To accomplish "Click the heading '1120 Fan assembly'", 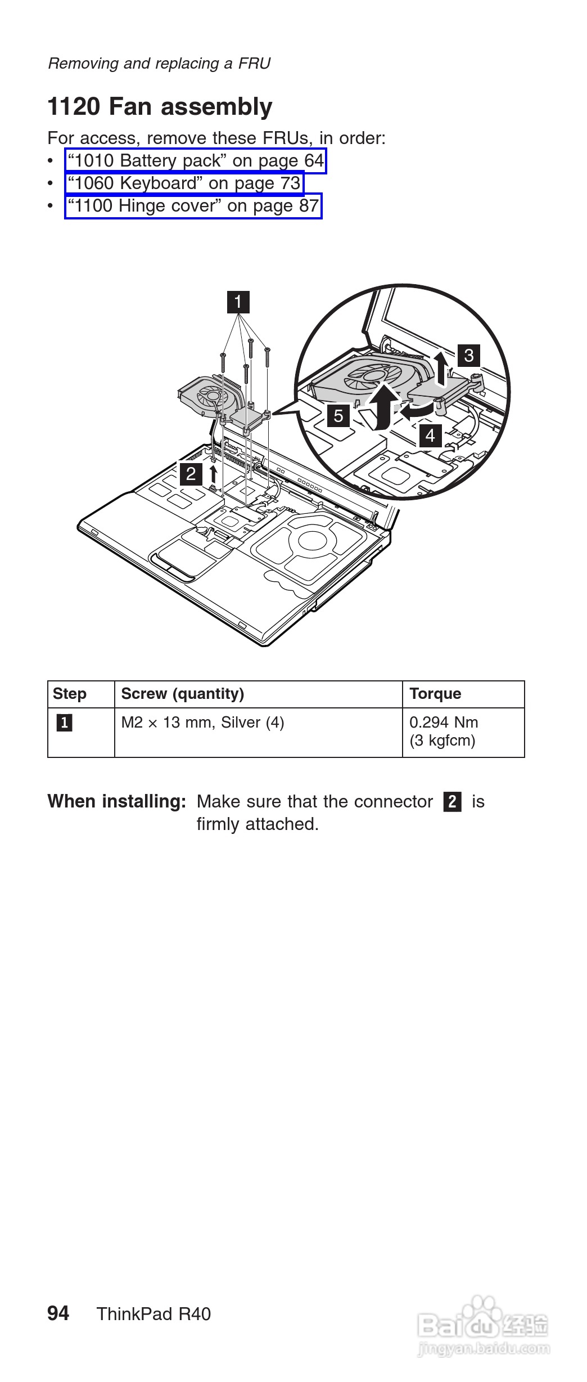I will click(160, 107).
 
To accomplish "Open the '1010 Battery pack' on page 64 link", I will click(196, 161).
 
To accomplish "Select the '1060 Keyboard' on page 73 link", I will click(184, 183).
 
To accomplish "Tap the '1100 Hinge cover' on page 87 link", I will click(193, 206).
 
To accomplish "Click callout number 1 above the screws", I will click(238, 302).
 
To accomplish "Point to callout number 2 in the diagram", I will click(191, 473).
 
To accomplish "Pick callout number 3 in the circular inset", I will click(468, 355).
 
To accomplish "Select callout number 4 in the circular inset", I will click(430, 435).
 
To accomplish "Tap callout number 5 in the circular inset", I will click(338, 415).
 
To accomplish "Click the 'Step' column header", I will click(70, 694).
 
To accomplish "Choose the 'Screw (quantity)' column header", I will click(183, 694).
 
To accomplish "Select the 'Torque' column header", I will click(435, 694).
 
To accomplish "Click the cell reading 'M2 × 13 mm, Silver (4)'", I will click(202, 723).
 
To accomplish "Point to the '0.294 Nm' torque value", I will click(444, 723).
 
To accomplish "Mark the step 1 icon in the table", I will click(64, 723).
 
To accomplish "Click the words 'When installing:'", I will click(116, 801).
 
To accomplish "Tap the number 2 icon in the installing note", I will click(452, 801).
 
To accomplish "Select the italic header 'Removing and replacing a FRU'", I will click(159, 64).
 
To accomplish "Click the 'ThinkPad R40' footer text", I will click(153, 1314).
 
